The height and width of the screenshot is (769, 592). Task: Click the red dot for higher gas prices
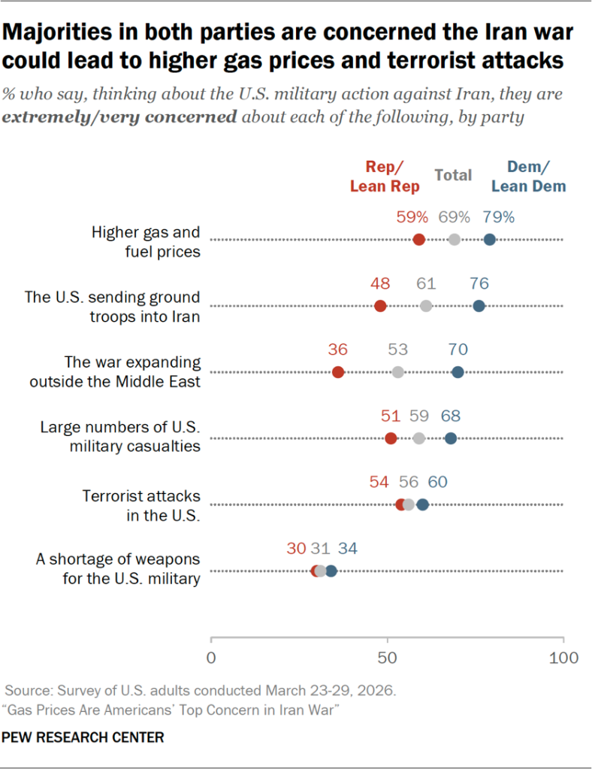418,240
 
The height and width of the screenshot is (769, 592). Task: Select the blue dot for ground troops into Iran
479,306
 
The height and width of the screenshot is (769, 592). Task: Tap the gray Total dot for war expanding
397,372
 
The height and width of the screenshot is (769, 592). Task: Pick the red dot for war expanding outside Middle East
338,372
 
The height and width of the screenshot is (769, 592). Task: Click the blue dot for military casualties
450,438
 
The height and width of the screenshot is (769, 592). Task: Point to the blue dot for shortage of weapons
331,571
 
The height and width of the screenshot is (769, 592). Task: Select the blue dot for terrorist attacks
422,504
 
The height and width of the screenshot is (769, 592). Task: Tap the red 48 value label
381,283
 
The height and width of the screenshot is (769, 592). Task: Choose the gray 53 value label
397,350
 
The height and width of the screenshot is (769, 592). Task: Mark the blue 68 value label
451,416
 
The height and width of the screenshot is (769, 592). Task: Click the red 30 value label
296,549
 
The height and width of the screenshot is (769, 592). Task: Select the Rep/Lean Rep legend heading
383,177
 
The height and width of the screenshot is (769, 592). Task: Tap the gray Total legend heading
453,175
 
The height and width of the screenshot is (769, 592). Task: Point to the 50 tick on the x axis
387,658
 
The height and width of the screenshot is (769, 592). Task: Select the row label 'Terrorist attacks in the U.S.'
141,506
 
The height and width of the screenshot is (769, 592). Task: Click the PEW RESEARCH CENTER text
83,738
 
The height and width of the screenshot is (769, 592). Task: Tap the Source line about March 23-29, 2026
199,689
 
